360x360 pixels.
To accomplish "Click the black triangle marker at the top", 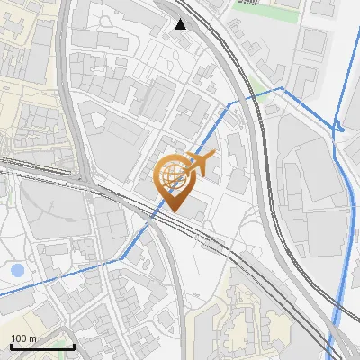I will (181, 24).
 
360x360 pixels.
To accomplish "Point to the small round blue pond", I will (17, 269).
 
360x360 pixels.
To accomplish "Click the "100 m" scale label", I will (23, 337).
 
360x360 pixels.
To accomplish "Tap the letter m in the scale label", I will (32, 337).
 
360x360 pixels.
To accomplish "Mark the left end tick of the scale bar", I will (10, 345).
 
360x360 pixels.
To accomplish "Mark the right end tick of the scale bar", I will (74, 345).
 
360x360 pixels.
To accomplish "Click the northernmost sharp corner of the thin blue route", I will (283, 87).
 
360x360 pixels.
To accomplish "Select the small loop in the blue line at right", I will (340, 130).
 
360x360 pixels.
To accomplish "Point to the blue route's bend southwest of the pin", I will (121, 258).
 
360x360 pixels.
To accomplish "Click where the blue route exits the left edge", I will (2, 293).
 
